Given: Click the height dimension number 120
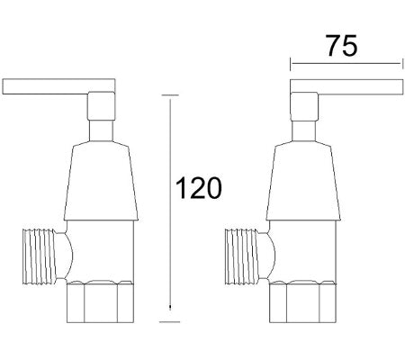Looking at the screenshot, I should pos(198,188).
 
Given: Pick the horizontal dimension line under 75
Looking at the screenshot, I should pos(346,64).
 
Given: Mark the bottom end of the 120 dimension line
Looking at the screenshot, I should pos(168,319).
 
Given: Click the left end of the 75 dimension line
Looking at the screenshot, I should pos(291,64).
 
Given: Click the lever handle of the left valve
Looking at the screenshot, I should pos(45,86).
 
